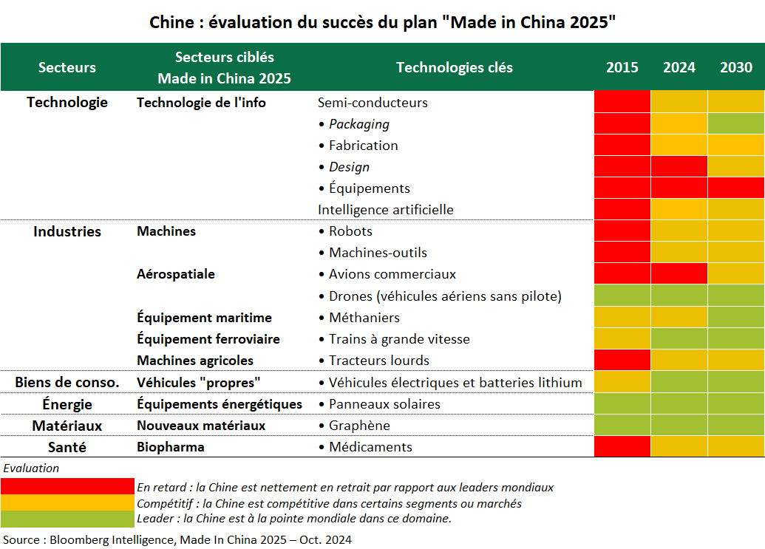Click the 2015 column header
tap(622, 67)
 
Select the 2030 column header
tap(736, 67)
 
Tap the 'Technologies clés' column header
tap(454, 67)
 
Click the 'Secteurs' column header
tap(67, 67)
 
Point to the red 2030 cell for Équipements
tap(736, 188)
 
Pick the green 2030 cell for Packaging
tap(736, 124)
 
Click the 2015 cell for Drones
tap(622, 296)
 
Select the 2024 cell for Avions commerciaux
tap(679, 274)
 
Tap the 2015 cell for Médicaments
tap(622, 447)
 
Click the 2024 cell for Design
tap(679, 167)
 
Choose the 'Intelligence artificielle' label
tap(385, 210)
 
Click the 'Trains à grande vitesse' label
tap(399, 339)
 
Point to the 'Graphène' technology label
tap(359, 426)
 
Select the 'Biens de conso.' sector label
tap(67, 383)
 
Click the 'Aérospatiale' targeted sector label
tap(176, 274)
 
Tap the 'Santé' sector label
tap(67, 447)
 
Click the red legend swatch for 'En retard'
tap(67, 487)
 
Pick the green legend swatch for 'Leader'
tap(67, 518)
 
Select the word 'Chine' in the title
tap(171, 22)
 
